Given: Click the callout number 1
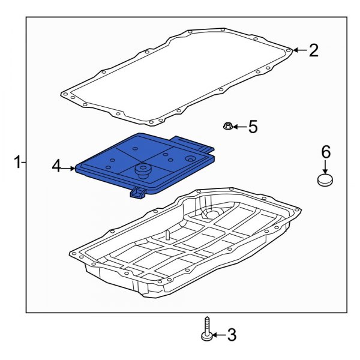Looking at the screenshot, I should click(x=18, y=162).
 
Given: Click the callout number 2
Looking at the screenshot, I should click(x=314, y=50).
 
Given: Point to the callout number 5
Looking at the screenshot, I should click(x=253, y=127).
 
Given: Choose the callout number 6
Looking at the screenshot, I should click(x=325, y=152).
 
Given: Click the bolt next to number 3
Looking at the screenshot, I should click(x=206, y=329).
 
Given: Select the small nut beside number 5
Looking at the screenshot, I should click(x=228, y=126).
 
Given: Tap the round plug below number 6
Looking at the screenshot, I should click(x=325, y=179).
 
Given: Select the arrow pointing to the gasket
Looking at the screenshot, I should click(x=299, y=50).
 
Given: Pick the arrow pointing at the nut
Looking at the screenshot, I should click(x=239, y=127).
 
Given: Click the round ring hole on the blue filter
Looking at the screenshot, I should click(x=191, y=159).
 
